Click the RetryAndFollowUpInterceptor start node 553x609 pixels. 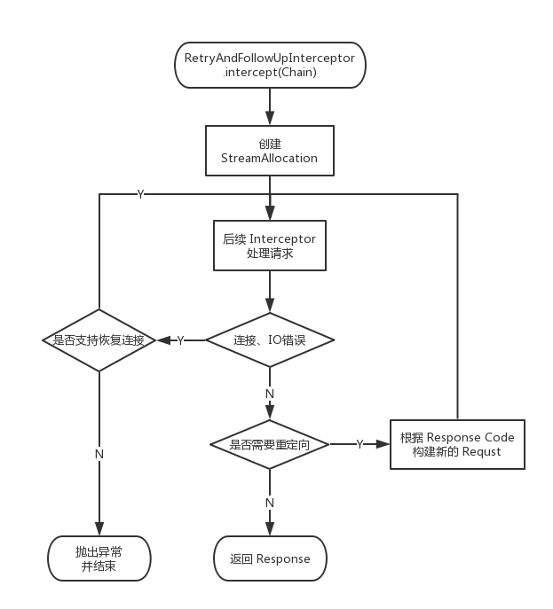pyautogui.click(x=270, y=65)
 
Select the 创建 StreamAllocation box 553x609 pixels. pyautogui.click(x=270, y=151)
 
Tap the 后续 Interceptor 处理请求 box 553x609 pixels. pyautogui.click(x=270, y=246)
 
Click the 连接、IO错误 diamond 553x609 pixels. pyautogui.click(x=270, y=340)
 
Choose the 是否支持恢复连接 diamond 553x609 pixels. pyautogui.click(x=99, y=340)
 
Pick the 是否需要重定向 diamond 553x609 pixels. pyautogui.click(x=270, y=444)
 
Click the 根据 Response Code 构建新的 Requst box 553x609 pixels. pyautogui.click(x=457, y=444)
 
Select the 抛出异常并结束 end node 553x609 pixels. pyautogui.click(x=99, y=558)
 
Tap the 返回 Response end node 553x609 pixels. pyautogui.click(x=270, y=558)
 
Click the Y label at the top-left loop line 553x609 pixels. pyautogui.click(x=140, y=194)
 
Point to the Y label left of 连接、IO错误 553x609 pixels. pyautogui.click(x=180, y=340)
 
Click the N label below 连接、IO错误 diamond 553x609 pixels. pyautogui.click(x=270, y=392)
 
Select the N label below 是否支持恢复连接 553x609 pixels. pyautogui.click(x=99, y=454)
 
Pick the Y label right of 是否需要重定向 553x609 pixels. pyautogui.click(x=359, y=444)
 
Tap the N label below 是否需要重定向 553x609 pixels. pyautogui.click(x=270, y=503)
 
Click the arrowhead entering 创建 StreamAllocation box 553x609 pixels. pyautogui.click(x=270, y=121)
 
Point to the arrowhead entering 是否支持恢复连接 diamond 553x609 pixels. pyautogui.click(x=162, y=340)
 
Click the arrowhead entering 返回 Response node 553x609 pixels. pyautogui.click(x=270, y=531)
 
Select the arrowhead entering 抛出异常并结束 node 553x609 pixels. pyautogui.click(x=99, y=531)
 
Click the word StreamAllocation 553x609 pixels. pyautogui.click(x=270, y=159)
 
